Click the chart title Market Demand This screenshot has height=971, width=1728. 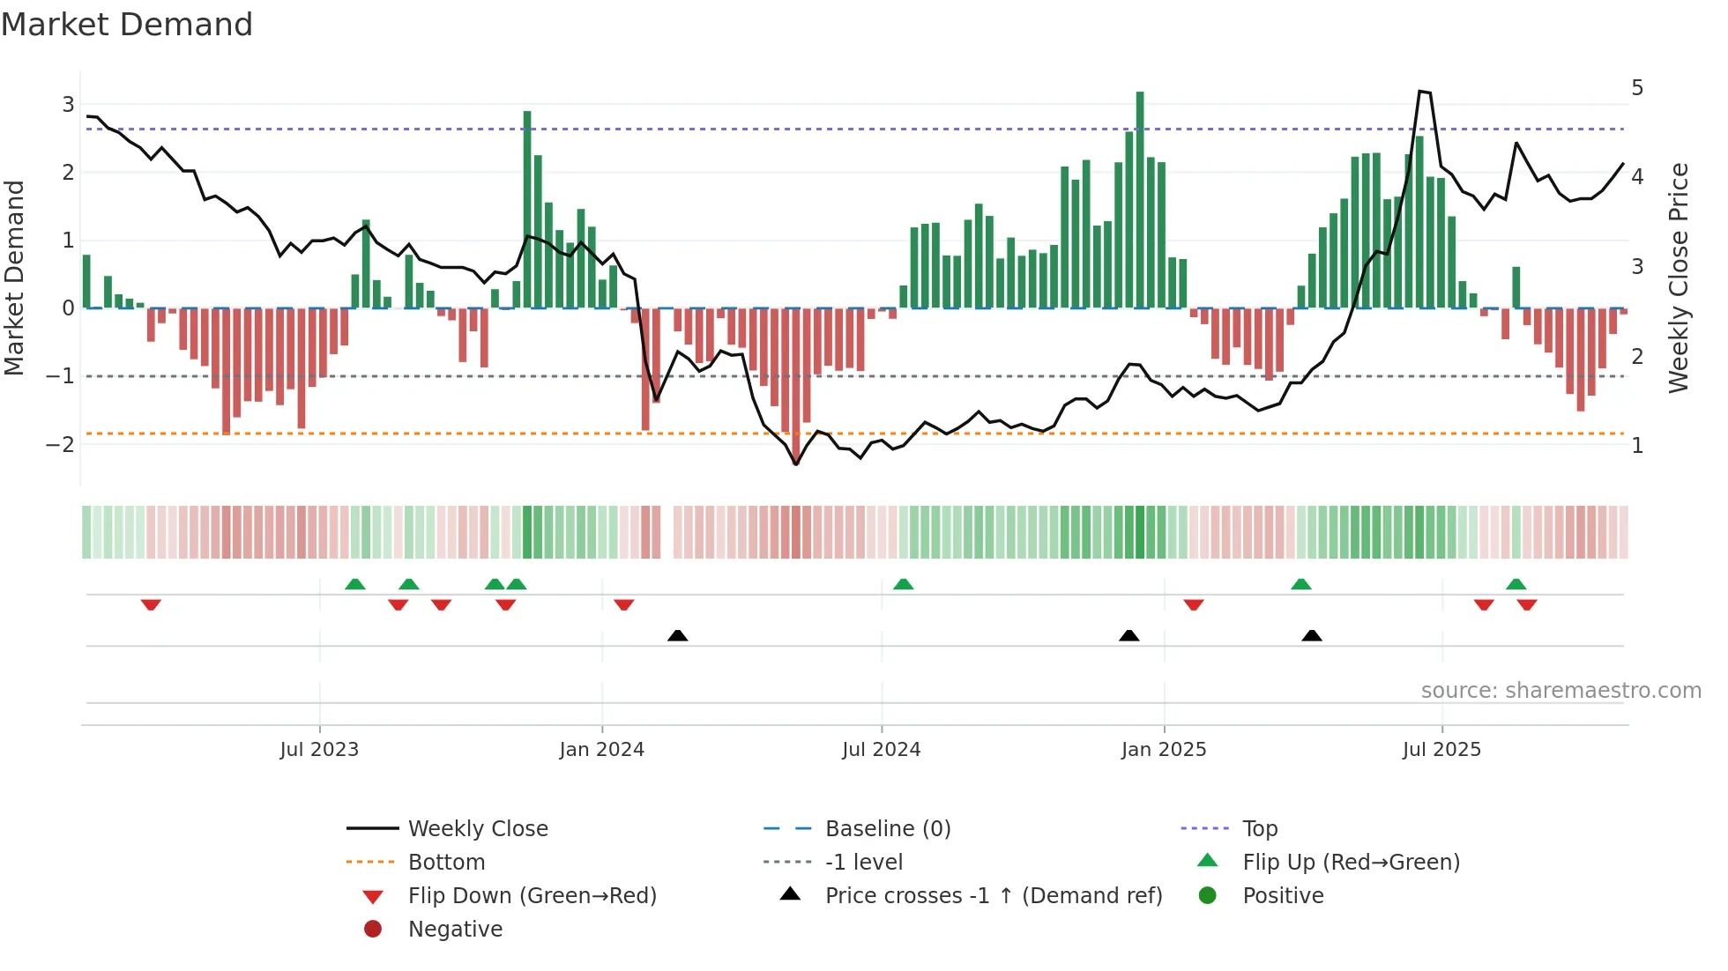point(127,25)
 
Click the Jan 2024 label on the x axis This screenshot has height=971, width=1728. point(601,750)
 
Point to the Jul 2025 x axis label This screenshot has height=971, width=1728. point(1441,750)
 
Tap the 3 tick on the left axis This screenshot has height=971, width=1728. point(68,105)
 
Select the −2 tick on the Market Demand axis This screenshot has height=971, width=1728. point(61,444)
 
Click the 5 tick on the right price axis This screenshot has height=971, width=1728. point(1637,88)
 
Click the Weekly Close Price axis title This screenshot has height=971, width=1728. point(1679,278)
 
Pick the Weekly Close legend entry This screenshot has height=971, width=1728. point(477,829)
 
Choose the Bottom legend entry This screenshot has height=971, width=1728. point(446,863)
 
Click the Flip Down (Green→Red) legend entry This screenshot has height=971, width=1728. point(532,896)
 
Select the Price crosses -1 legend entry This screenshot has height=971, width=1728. point(993,896)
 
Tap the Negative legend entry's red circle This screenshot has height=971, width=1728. point(373,930)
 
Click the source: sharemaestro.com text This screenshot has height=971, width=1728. point(1560,691)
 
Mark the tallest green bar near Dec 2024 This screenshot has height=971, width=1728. point(1140,198)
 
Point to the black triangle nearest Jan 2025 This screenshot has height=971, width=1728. point(1128,636)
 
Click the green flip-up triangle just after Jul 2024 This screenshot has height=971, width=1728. point(903,584)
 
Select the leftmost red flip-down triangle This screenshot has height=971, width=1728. point(151,604)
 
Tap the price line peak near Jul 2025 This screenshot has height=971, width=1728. point(1421,92)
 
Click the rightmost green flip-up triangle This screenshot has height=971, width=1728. point(1516,584)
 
